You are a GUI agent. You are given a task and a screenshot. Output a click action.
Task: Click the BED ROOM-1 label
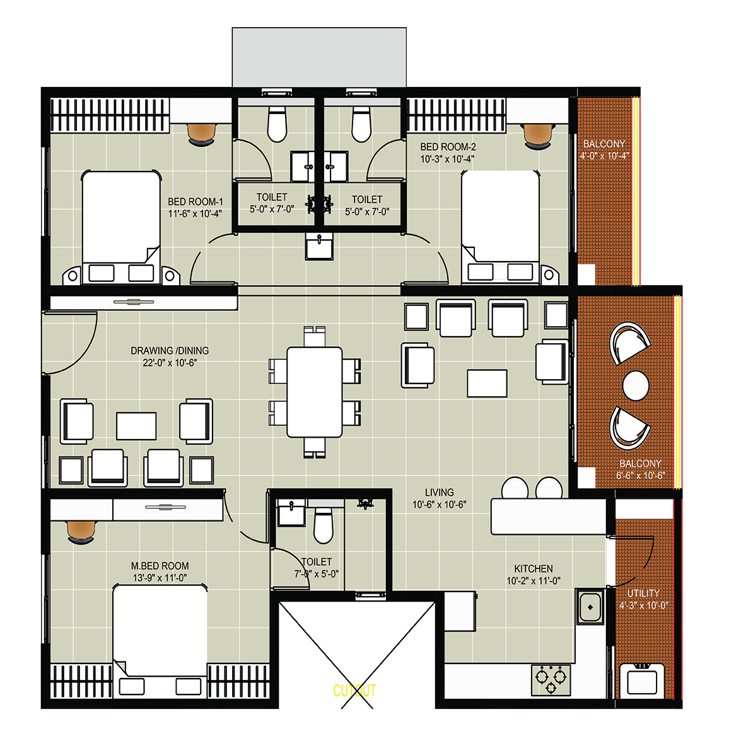pos(196,202)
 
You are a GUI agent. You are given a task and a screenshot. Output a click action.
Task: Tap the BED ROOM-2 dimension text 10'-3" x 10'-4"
pos(447,159)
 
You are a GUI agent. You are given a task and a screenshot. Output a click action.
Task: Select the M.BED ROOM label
pos(160,566)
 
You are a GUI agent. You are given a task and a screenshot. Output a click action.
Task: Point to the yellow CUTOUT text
pos(354,691)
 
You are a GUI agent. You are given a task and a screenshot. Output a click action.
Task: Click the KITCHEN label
pos(533,568)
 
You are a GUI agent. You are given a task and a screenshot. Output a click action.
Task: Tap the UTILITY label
pos(643,593)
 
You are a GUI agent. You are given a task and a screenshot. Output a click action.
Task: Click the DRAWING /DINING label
pos(170,351)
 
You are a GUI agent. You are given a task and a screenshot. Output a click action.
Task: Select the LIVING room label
pos(440,493)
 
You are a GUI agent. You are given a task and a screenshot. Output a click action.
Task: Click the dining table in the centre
pos(315,392)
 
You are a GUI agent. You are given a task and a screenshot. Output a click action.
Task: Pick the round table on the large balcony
pos(636,386)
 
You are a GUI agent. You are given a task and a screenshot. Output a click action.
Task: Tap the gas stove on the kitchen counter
pos(551,680)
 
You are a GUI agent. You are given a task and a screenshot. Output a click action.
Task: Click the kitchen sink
pos(590,607)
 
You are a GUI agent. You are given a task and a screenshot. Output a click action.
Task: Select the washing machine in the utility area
pos(641,680)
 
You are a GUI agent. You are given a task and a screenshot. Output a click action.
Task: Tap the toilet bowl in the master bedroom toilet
pos(323,525)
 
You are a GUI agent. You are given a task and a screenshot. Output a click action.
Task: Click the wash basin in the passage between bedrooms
pos(319,247)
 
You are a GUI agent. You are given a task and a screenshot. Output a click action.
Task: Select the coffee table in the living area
pos(487,383)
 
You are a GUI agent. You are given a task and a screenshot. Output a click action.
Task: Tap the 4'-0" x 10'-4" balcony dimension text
pos(604,156)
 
